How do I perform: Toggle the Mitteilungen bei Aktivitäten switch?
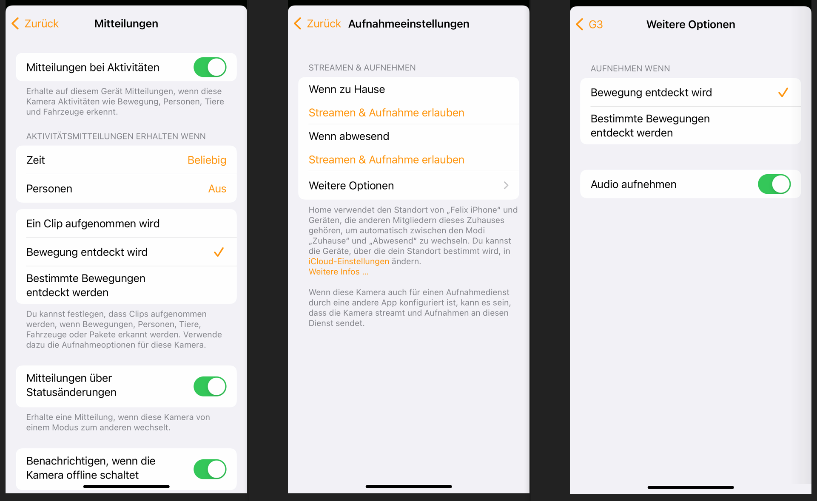click(210, 67)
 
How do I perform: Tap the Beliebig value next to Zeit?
click(207, 160)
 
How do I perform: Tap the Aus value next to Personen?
click(217, 189)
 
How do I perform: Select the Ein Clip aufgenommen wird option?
click(93, 224)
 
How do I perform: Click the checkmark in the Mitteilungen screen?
click(219, 252)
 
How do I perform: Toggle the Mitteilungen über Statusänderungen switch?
click(210, 386)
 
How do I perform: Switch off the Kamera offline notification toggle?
click(210, 469)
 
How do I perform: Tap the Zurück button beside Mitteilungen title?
click(35, 23)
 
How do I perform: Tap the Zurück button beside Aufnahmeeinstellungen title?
click(318, 23)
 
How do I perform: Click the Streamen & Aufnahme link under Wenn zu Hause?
click(386, 113)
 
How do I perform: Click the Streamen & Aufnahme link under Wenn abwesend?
click(386, 160)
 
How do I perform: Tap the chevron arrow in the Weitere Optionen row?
click(506, 186)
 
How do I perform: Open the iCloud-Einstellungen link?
click(349, 261)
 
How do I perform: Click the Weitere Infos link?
click(339, 272)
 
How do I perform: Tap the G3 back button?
click(589, 24)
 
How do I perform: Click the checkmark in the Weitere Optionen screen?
click(783, 93)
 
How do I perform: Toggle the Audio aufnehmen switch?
click(774, 184)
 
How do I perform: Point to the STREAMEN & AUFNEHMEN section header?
click(362, 68)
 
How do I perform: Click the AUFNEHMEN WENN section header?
click(630, 68)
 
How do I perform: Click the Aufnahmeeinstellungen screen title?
click(409, 24)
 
